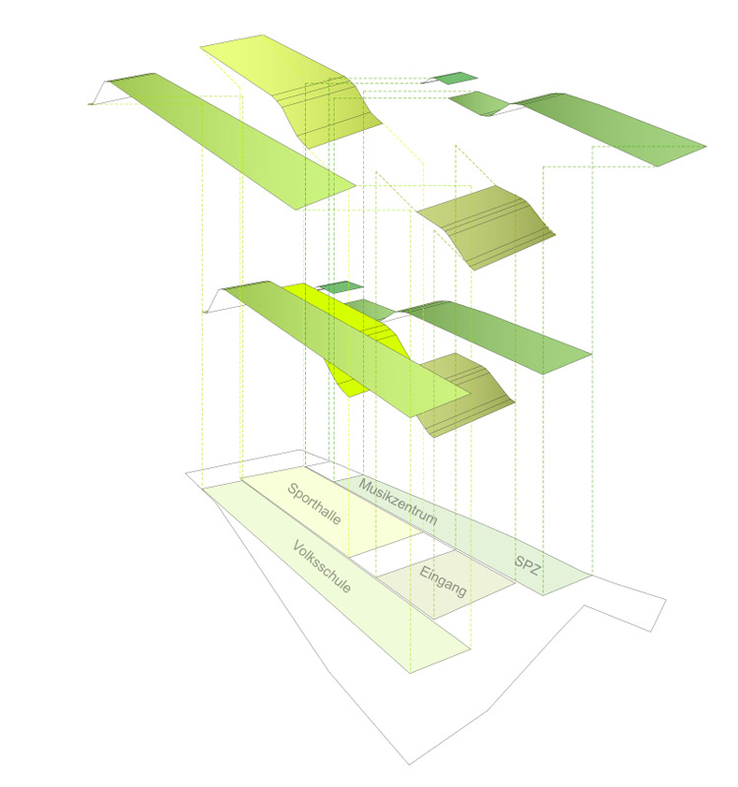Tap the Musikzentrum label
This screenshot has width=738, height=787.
[398, 502]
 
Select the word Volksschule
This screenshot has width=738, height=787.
[322, 567]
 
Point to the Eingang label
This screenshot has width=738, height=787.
[444, 581]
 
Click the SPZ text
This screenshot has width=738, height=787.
[527, 565]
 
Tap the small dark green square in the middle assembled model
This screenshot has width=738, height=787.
[341, 287]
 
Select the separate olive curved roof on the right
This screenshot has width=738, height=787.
[487, 226]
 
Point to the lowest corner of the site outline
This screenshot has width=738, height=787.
[409, 764]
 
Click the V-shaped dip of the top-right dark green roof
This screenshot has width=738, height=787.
[488, 114]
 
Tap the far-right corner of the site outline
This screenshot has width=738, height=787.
[666, 599]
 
